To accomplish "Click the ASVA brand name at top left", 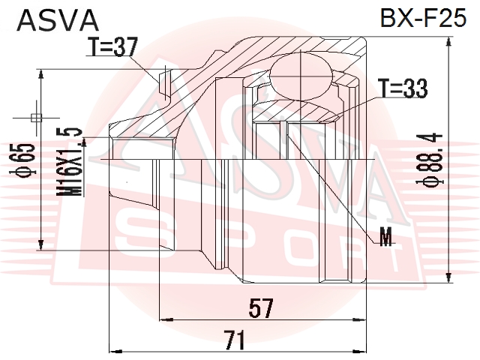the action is [x=58, y=20].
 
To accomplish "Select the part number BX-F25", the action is [x=423, y=18].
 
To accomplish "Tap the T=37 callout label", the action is [x=112, y=46].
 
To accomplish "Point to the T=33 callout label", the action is [x=403, y=88].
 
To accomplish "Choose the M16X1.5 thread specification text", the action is [x=70, y=163].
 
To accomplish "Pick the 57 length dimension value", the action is [x=261, y=308].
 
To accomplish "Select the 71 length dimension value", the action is [x=235, y=340].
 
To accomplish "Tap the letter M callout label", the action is [x=385, y=237].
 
